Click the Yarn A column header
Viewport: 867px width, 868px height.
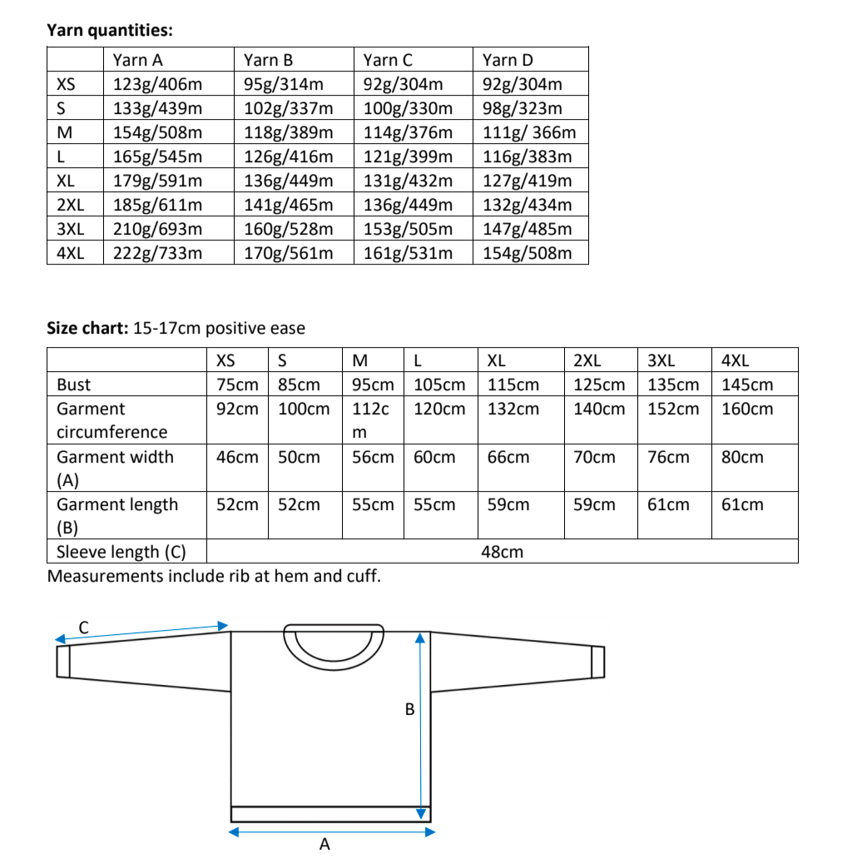tap(137, 60)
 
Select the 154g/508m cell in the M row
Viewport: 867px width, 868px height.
tap(157, 132)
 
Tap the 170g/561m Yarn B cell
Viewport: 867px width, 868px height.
tap(288, 253)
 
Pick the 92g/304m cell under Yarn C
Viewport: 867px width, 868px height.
tap(403, 84)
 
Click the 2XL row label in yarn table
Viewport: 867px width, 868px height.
tap(70, 205)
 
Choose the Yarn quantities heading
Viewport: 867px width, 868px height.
tap(110, 31)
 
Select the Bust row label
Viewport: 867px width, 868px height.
tap(73, 384)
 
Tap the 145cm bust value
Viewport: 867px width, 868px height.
tap(746, 384)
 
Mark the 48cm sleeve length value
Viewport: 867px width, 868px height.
tap(502, 552)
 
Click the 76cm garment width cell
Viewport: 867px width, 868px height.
tap(668, 457)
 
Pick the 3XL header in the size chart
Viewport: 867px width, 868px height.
tap(661, 360)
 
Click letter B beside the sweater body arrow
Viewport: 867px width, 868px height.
tap(409, 710)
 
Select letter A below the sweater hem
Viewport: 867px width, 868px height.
tap(325, 845)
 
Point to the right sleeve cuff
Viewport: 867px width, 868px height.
tap(597, 662)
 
